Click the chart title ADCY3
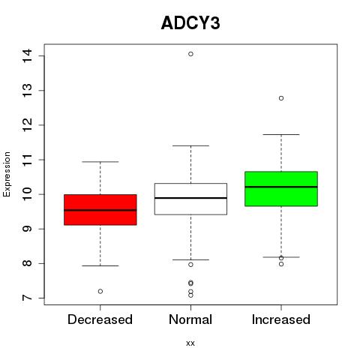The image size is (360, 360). (190, 23)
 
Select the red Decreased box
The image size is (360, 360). (100, 210)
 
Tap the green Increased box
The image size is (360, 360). (281, 189)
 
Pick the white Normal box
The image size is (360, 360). (190, 199)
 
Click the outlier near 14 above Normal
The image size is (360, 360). (190, 54)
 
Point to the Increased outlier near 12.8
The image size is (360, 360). (281, 98)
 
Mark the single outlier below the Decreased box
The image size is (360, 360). (100, 291)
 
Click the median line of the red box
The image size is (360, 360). (100, 210)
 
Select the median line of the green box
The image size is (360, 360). (281, 187)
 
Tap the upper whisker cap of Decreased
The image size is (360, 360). (100, 162)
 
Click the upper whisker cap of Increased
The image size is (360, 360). (281, 134)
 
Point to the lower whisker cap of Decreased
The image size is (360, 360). (100, 265)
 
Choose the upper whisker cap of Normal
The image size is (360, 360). (190, 145)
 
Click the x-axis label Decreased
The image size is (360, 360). (100, 319)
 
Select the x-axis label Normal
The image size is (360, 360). (190, 319)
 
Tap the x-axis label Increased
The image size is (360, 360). (281, 319)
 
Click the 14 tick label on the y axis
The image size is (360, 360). (28, 55)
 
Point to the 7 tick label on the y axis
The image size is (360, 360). (28, 298)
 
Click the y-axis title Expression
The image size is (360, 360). (7, 174)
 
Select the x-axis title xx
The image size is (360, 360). (190, 343)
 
